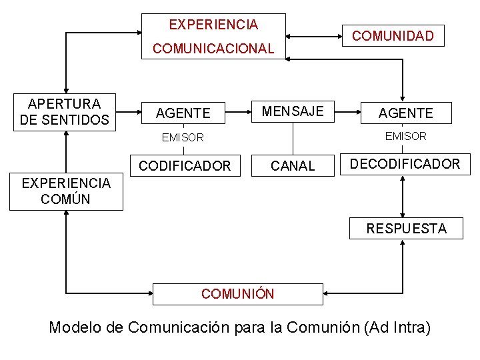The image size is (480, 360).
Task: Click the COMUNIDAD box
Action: [393, 36]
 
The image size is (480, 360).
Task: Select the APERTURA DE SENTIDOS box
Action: [65, 112]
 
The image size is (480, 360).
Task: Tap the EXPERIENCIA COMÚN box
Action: [66, 191]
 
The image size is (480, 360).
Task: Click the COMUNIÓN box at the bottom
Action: [238, 294]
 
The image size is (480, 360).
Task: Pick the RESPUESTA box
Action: [406, 229]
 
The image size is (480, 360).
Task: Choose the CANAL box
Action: [293, 165]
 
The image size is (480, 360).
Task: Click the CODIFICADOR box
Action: [184, 165]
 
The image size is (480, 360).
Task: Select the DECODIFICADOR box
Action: [405, 164]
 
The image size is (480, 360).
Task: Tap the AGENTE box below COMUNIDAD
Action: [405, 113]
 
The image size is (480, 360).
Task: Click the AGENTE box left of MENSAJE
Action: [183, 113]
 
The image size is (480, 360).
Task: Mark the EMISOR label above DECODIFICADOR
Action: [405, 136]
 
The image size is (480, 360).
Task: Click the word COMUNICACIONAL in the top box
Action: [213, 49]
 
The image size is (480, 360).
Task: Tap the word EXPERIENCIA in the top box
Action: [213, 25]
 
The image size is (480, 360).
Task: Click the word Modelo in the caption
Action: [72, 327]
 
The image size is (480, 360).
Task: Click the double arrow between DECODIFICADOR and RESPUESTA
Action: [403, 195]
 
